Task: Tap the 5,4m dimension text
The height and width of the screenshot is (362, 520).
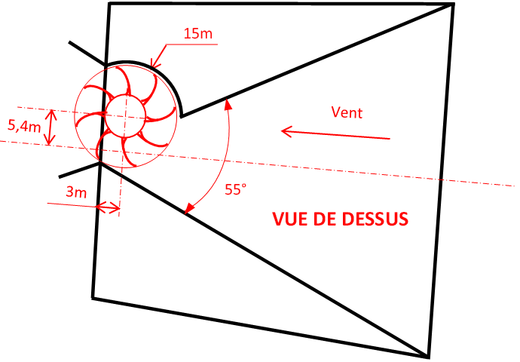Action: [x=24, y=127]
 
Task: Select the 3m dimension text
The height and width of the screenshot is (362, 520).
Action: [x=76, y=192]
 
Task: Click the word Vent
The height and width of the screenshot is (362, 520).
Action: [x=347, y=113]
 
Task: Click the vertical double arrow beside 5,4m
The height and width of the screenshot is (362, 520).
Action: [x=50, y=127]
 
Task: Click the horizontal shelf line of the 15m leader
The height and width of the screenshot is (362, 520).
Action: [x=193, y=44]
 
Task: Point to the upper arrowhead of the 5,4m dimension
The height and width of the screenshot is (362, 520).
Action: [x=50, y=113]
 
